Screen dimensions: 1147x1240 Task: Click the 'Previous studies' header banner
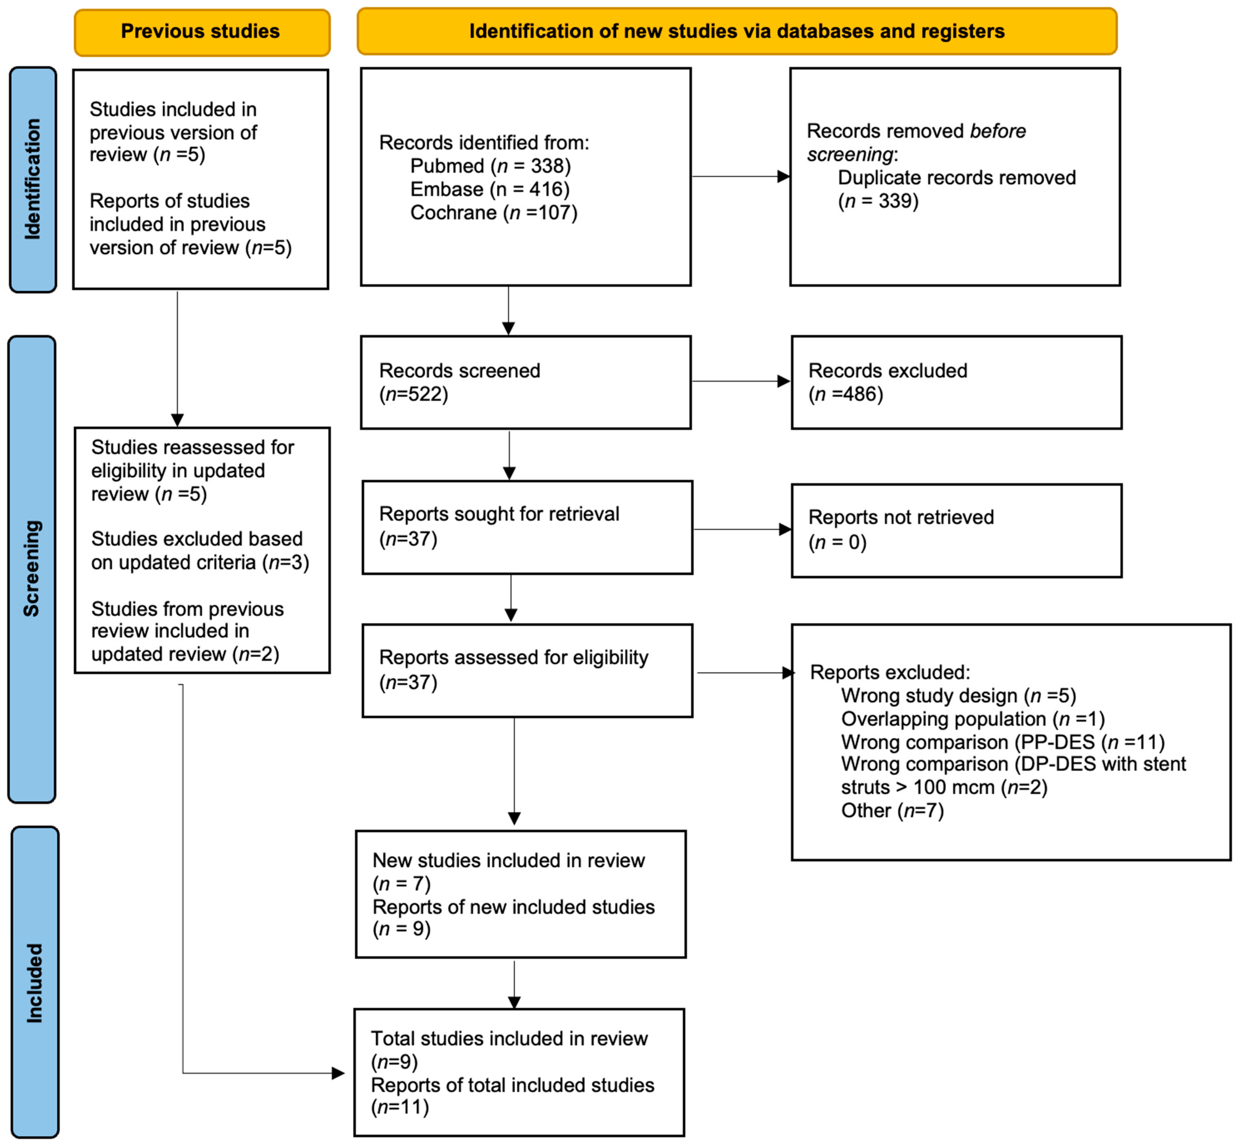(201, 32)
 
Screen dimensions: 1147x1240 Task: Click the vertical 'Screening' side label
(32, 568)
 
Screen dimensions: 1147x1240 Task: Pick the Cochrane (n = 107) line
(493, 213)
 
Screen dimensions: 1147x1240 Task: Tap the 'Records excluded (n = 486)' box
(956, 382)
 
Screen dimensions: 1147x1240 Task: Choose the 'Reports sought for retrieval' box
(527, 527)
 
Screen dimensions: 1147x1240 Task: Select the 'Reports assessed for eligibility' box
(527, 670)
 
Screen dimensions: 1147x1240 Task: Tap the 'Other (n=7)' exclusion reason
(892, 811)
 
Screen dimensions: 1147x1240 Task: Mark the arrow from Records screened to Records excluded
(740, 381)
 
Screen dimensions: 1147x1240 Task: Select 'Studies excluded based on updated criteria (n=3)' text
(200, 551)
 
